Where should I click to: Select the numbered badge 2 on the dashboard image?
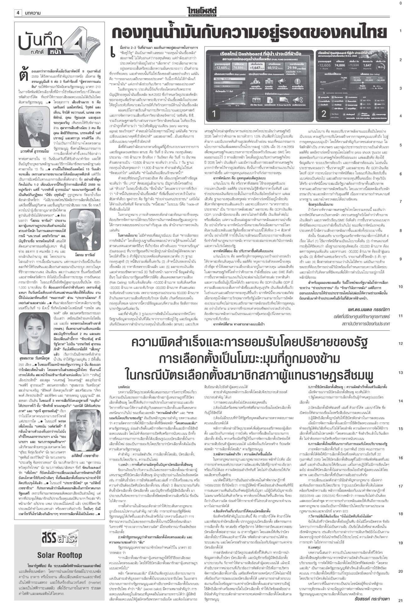pyautogui.click(x=324, y=113)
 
